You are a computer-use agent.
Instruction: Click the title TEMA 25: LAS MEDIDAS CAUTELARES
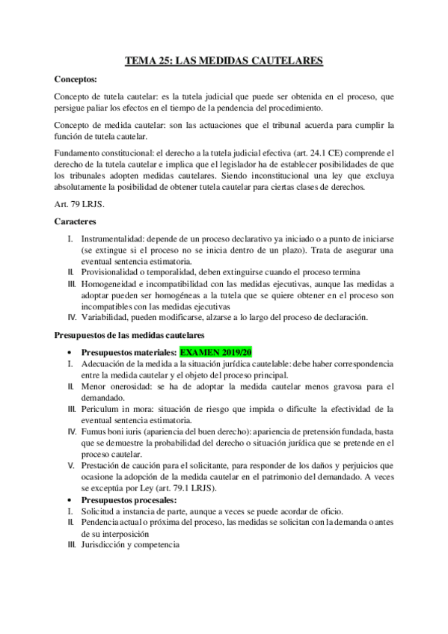224,62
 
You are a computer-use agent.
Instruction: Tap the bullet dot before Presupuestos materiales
69,351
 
